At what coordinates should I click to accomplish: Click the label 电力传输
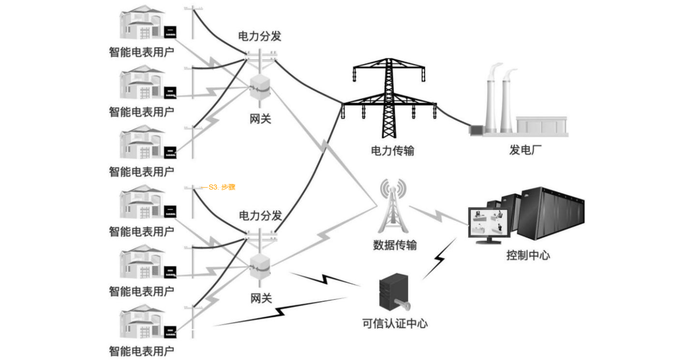pyautogui.click(x=392, y=150)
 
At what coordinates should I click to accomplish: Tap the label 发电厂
pyautogui.click(x=525, y=150)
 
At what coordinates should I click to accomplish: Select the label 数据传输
pyautogui.click(x=395, y=245)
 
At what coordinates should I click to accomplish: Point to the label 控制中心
pyautogui.click(x=528, y=255)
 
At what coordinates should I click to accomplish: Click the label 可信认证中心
pyautogui.click(x=395, y=323)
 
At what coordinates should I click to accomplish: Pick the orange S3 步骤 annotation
pyautogui.click(x=219, y=188)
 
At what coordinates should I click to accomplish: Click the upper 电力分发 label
pyautogui.click(x=259, y=36)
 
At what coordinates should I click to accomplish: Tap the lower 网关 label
pyautogui.click(x=261, y=299)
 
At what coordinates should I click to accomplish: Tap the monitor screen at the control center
pyautogui.click(x=488, y=223)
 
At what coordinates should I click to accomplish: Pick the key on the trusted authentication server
pyautogui.click(x=401, y=304)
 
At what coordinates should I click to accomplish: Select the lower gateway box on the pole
pyautogui.click(x=260, y=266)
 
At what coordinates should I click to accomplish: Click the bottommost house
pyautogui.click(x=141, y=323)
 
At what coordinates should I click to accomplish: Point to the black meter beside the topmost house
pyautogui.click(x=170, y=32)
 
